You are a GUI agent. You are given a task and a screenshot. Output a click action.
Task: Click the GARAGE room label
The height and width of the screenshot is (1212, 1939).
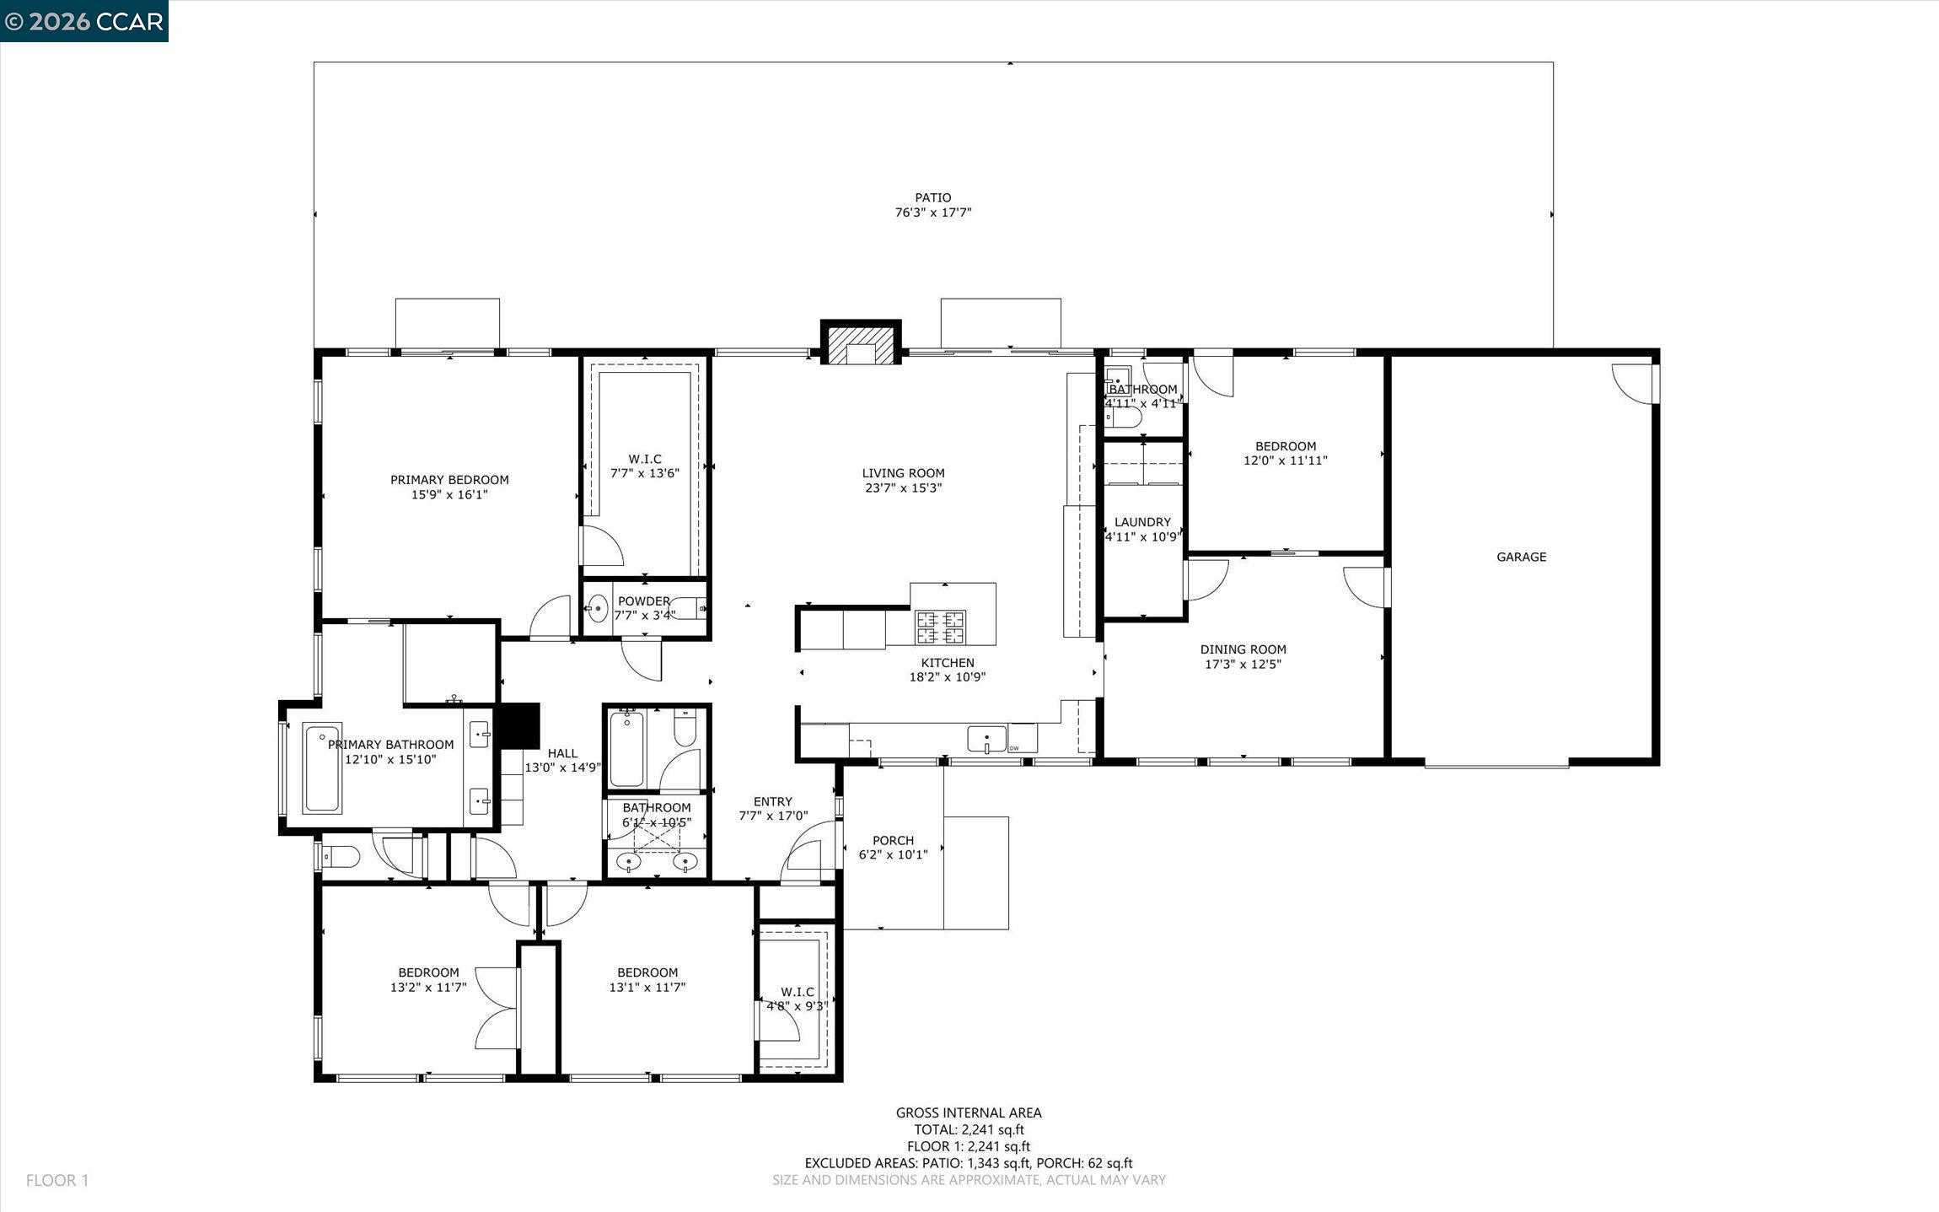pos(1521,557)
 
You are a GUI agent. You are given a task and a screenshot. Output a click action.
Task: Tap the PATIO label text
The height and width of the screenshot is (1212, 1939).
pos(932,198)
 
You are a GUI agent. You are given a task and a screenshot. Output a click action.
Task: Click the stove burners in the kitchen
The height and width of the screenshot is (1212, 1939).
pos(942,627)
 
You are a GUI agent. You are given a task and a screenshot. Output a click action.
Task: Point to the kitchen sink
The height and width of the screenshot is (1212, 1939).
pos(986,740)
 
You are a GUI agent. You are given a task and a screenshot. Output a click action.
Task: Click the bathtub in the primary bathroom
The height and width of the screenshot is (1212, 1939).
pos(322,768)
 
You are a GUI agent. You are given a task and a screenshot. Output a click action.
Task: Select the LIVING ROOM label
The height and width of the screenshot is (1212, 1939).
pos(903,473)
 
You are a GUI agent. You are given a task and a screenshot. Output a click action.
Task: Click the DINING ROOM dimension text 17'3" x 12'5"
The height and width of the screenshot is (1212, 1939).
pos(1243,664)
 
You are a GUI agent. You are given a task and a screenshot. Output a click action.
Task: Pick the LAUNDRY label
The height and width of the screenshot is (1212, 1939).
pos(1142,522)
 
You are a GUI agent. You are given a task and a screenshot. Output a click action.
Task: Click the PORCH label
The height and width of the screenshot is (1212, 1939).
pos(893,840)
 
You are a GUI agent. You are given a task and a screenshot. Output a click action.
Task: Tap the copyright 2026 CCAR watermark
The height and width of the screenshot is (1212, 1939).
pos(83,21)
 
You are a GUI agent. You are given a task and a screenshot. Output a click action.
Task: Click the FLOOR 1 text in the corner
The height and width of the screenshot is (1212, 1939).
pos(57,1180)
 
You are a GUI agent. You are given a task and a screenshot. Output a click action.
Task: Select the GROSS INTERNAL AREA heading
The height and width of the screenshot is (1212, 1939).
pos(969,1113)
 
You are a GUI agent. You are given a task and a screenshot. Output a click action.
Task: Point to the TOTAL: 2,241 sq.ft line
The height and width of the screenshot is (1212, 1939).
pos(969,1130)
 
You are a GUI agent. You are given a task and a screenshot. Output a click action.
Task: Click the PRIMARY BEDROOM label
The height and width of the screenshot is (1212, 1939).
pos(449,480)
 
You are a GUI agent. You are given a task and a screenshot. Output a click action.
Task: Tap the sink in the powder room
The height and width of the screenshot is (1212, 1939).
pos(598,607)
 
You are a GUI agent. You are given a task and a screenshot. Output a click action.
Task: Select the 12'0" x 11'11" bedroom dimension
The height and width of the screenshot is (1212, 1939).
pos(1286,461)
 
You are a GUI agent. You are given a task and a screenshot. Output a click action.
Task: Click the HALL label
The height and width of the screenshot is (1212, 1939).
pos(562,753)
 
